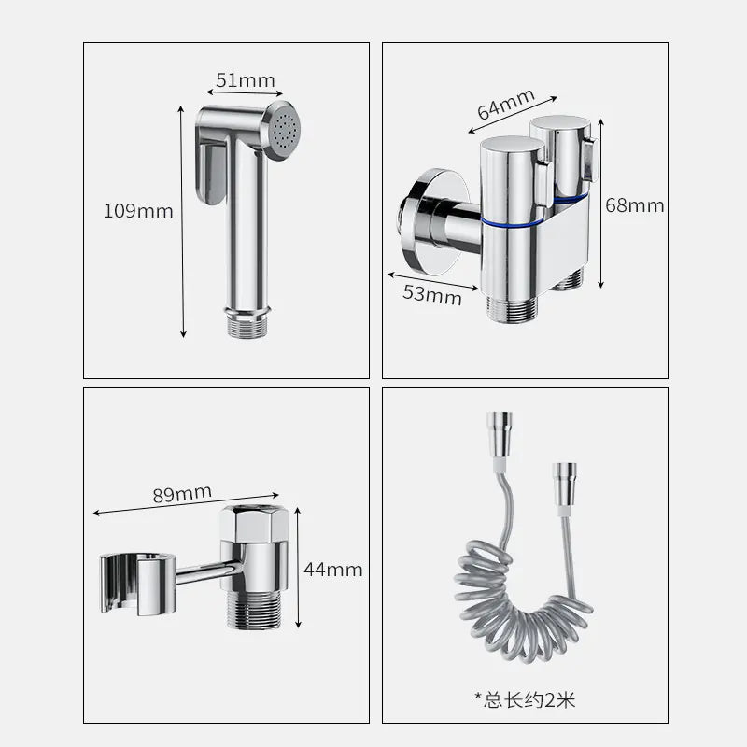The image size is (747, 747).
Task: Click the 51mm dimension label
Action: (x=246, y=80)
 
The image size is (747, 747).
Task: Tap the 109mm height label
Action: (x=138, y=211)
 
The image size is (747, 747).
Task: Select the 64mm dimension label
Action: (x=506, y=103)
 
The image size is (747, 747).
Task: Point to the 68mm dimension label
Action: (x=634, y=205)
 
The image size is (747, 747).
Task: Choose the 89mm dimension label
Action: (x=181, y=493)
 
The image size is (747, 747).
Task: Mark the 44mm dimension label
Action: (x=333, y=569)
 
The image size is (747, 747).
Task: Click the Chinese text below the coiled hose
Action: (x=525, y=699)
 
